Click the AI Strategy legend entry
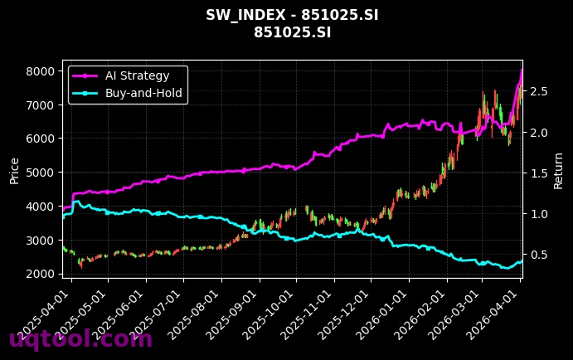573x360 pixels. click(137, 76)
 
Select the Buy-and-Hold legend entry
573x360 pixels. click(143, 93)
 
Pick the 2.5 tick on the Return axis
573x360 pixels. click(540, 91)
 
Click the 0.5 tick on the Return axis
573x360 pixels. click(540, 255)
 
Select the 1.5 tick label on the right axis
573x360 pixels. click(540, 173)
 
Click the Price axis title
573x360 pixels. click(14, 169)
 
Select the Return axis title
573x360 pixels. click(559, 169)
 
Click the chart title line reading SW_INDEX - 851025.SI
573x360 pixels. click(286, 16)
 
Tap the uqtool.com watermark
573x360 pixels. click(80, 339)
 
